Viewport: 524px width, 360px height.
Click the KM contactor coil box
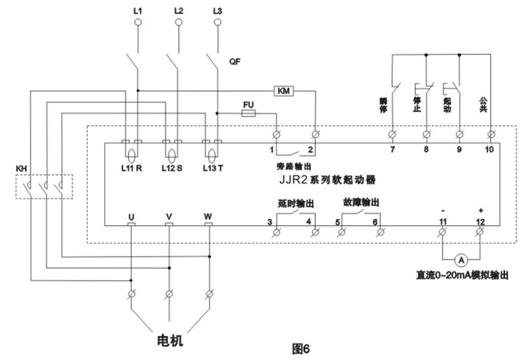(x=283, y=90)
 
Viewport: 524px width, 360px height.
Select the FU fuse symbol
(x=248, y=114)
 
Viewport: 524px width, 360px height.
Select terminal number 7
(x=392, y=150)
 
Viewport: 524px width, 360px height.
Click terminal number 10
(x=490, y=150)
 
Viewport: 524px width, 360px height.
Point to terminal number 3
(x=270, y=221)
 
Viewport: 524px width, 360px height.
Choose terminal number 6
(x=376, y=221)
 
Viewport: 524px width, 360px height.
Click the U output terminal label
(x=130, y=216)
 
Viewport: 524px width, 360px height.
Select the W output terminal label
(x=208, y=216)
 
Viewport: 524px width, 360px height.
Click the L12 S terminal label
(x=173, y=168)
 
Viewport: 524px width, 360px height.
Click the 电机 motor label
(x=171, y=341)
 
